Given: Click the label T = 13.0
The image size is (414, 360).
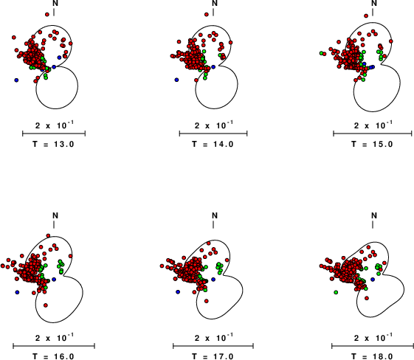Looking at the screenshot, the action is coord(54,144).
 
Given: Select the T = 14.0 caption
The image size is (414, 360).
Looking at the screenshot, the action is coord(213,144).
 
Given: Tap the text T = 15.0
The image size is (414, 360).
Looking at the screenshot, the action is coord(372,144).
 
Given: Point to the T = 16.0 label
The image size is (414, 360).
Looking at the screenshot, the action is coord(54,356).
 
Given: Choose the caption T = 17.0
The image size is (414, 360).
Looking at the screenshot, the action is coord(213,356).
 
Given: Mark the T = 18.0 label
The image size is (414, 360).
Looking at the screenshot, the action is coord(372,356).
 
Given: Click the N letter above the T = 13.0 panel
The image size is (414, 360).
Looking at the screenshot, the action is coord(55,3).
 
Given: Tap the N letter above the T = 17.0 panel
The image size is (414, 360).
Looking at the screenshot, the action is coord(215,215).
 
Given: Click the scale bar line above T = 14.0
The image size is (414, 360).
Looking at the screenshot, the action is coord(213,134).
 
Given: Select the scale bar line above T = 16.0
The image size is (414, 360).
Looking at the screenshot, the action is coord(54,346).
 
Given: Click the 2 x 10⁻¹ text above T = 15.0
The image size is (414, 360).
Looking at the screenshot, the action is coord(373,125).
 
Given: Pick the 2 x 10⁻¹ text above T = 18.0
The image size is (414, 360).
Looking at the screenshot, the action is coord(373,337).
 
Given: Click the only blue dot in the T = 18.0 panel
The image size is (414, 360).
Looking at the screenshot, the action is coord(373,280).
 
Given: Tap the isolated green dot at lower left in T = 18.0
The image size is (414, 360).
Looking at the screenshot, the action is coord(336,292).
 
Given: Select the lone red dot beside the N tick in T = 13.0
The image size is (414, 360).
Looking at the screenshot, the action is coord(47,15).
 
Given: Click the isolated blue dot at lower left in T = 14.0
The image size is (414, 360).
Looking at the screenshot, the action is coord(176,80).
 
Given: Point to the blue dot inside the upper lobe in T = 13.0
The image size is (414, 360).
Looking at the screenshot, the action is coord(60,58).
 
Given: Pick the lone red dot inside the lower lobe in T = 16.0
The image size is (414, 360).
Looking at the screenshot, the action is coord(46,305).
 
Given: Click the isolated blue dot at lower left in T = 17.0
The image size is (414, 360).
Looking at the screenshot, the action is coord(178,292).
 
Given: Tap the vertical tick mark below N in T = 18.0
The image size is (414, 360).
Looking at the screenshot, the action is coord(373,224).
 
